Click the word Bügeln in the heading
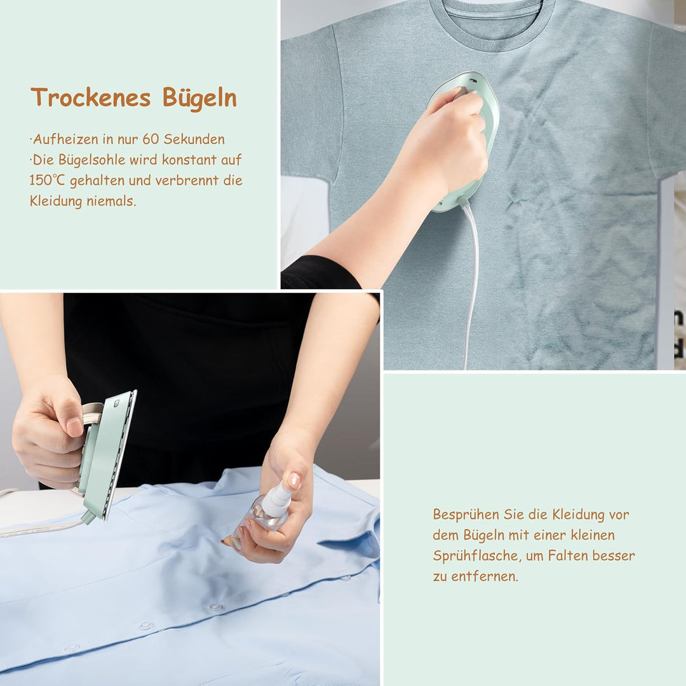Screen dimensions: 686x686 tap(199, 97)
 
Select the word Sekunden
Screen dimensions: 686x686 tap(194, 139)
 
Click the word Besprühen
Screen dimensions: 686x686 tap(466, 515)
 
